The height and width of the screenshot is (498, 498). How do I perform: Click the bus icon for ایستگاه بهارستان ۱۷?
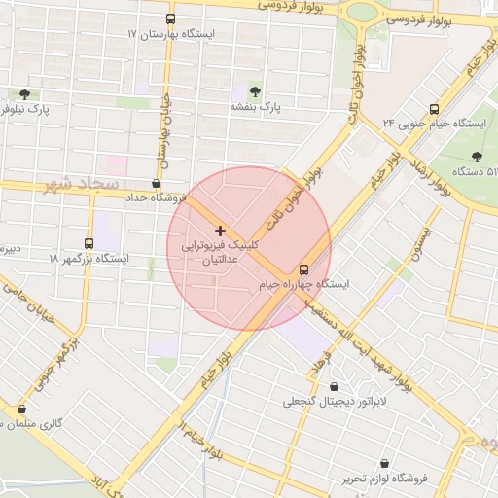point(171,18)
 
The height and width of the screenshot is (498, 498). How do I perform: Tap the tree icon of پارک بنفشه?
point(256,90)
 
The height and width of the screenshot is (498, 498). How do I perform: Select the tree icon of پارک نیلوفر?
point(24,94)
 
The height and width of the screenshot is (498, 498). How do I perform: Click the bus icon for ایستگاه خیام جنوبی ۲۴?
point(434,109)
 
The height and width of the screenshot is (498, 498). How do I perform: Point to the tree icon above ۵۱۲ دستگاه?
point(477,156)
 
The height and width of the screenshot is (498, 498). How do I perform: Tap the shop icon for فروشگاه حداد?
point(157,182)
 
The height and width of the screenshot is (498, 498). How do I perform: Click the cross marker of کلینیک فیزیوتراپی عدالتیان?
point(220,231)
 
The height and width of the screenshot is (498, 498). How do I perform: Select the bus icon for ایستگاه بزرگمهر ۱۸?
point(89,244)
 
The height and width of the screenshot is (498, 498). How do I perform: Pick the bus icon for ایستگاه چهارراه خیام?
point(303,268)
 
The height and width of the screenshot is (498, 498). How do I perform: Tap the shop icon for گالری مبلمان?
point(21,409)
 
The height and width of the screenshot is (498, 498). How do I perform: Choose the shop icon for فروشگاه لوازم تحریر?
point(386,465)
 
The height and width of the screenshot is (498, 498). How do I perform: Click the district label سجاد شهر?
point(84,184)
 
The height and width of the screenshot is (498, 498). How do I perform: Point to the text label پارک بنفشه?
point(257,106)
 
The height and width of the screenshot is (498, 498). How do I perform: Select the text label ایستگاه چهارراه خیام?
point(302,284)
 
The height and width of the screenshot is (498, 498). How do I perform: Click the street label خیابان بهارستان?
point(164,127)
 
